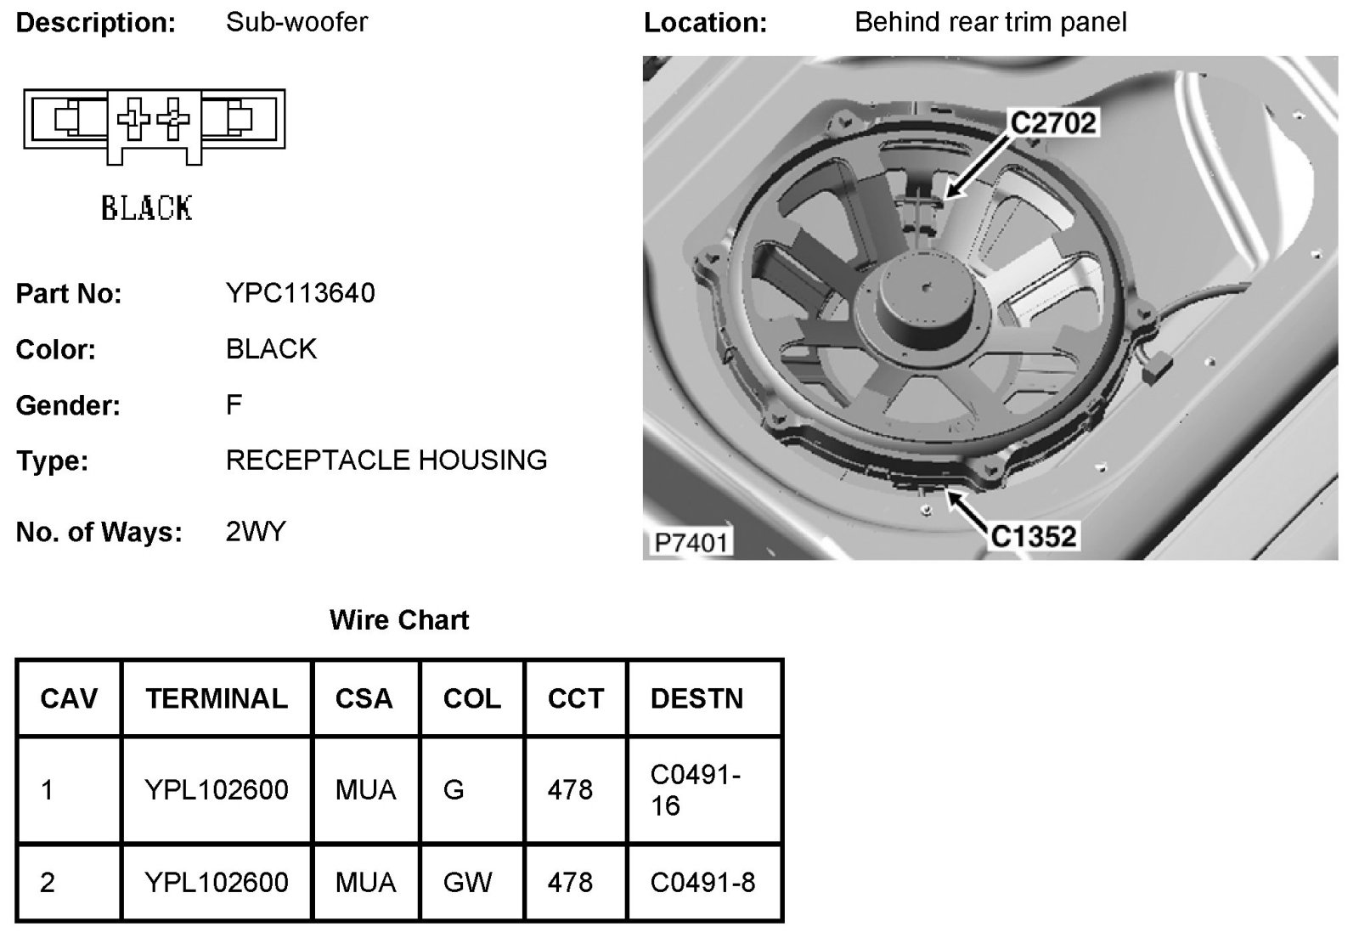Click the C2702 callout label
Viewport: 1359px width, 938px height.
coord(1052,123)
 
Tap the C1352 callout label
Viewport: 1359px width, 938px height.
coord(1034,536)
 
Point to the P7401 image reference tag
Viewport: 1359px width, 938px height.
coord(691,542)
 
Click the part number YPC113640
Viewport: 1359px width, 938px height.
coord(300,293)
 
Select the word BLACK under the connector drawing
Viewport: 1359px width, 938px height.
coord(146,208)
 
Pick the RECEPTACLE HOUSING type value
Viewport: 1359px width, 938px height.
coord(386,461)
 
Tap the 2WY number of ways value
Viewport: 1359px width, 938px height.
coord(256,532)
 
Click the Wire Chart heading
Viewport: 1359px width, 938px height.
coord(398,620)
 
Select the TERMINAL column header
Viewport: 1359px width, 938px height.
coord(217,698)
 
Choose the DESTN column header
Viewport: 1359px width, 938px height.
coord(696,698)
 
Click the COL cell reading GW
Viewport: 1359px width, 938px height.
coord(467,883)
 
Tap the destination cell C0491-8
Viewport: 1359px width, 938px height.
coord(702,883)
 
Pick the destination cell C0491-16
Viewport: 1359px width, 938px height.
coord(696,789)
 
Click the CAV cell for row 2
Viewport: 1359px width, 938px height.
coord(48,883)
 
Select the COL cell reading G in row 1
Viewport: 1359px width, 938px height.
coord(454,790)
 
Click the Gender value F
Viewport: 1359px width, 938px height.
coord(234,404)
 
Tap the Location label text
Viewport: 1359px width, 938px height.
coord(705,23)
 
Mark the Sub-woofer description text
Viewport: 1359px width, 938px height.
coord(296,22)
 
